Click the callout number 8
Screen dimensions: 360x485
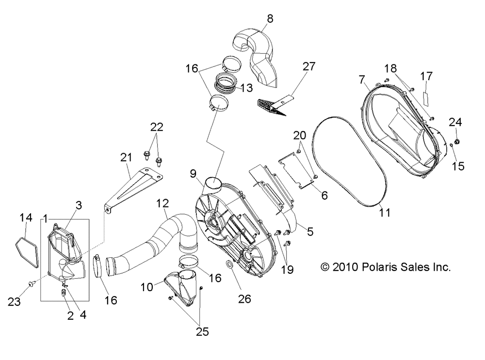coord(270,19)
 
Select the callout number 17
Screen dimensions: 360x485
coord(426,76)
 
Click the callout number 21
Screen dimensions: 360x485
coord(126,157)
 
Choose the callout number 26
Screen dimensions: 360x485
coord(244,299)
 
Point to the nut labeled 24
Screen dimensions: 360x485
coord(459,142)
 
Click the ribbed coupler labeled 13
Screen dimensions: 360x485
coord(227,83)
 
